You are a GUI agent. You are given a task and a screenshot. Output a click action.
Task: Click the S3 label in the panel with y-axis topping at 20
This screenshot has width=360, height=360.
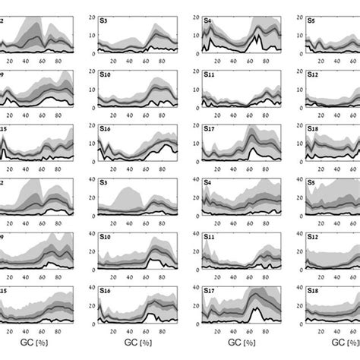[x=104, y=21]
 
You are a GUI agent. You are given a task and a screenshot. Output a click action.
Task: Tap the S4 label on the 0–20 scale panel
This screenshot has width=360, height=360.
[x=207, y=21]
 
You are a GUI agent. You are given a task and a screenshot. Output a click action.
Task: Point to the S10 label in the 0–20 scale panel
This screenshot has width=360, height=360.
[x=106, y=76]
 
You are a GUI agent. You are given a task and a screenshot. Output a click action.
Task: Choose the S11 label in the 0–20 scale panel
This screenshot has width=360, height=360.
[x=210, y=76]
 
